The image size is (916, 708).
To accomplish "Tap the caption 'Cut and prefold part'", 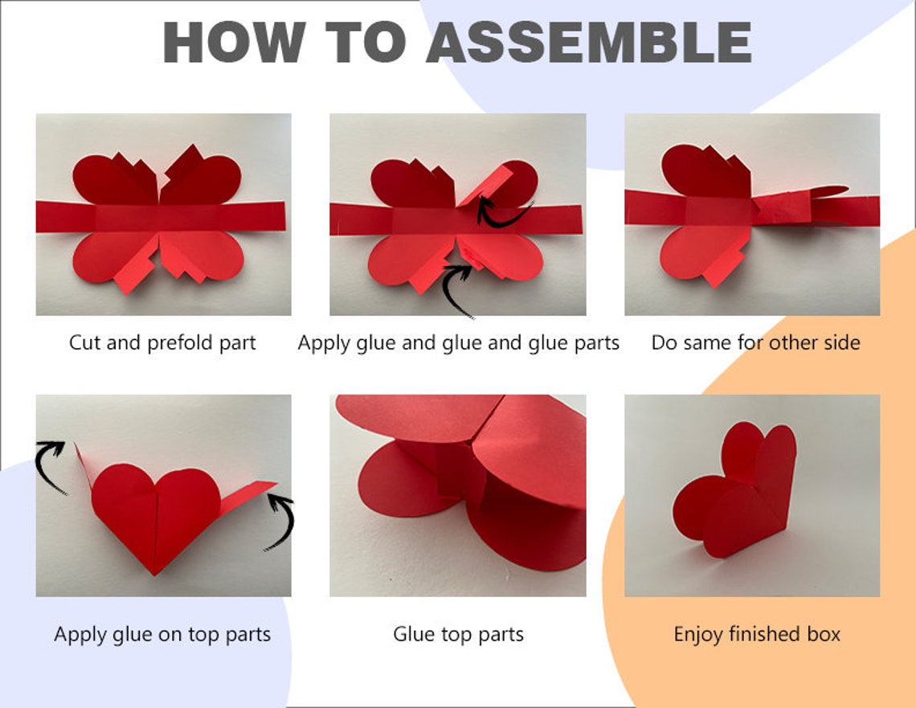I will (162, 343).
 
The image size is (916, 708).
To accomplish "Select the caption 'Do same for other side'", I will (755, 343).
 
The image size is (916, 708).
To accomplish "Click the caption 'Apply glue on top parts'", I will (162, 634).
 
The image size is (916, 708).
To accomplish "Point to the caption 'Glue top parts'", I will (458, 634).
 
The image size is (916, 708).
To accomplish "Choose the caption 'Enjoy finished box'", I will (757, 634).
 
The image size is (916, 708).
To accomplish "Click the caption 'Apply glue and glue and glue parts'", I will (458, 343).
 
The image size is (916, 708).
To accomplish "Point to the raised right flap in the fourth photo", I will (249, 498).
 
